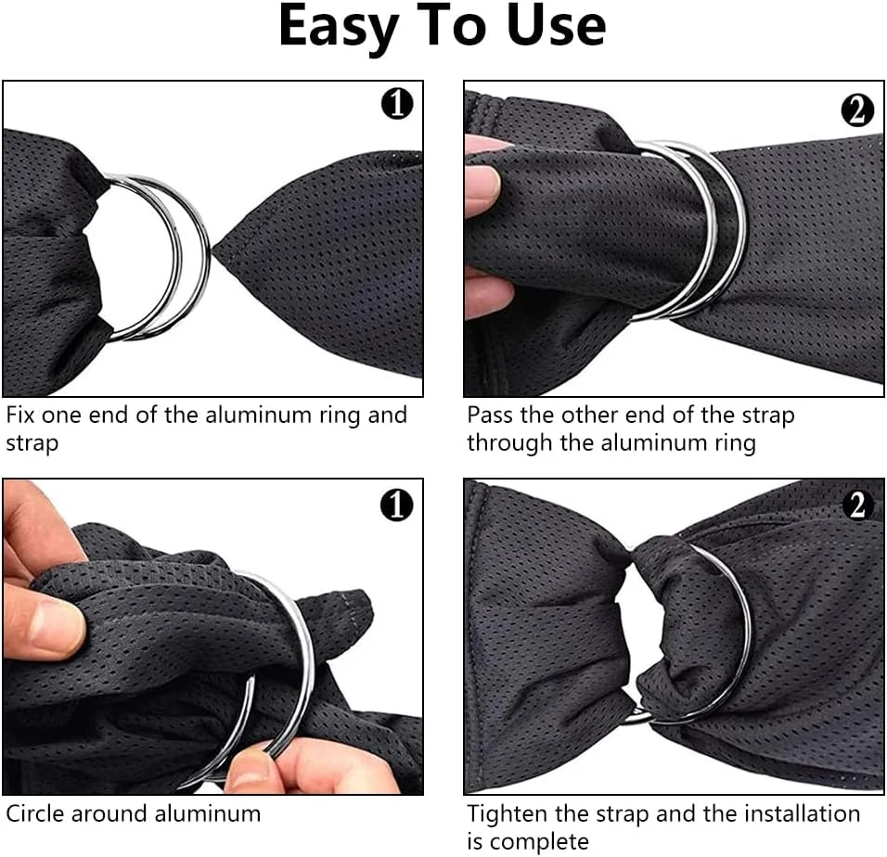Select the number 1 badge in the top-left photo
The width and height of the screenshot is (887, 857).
coord(396,104)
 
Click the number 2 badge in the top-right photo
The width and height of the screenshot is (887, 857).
coord(857,109)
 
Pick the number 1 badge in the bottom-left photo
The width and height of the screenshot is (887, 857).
coord(396,505)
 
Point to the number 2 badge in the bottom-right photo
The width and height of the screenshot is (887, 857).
coord(857,505)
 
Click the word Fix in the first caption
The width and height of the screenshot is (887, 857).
coord(20,415)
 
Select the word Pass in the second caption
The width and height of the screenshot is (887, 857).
coord(491,415)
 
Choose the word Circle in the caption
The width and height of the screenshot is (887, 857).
coord(34,814)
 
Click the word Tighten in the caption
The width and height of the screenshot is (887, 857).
coord(507,815)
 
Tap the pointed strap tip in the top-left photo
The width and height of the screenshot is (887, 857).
coord(213,247)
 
